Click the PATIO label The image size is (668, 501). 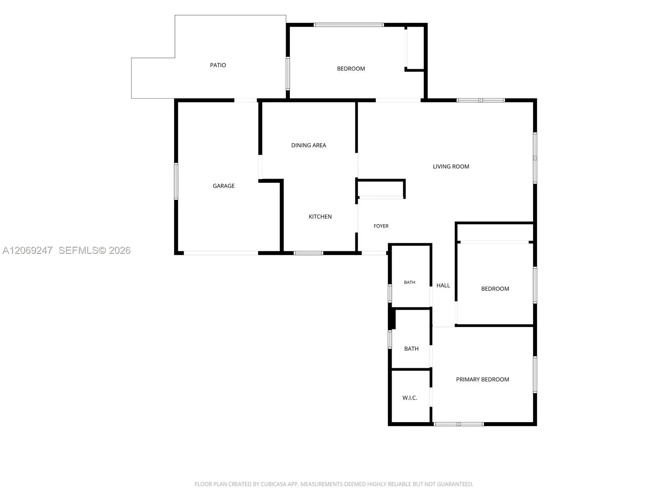pyautogui.click(x=218, y=65)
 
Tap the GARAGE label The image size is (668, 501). pyautogui.click(x=223, y=186)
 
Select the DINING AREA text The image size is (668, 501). pyautogui.click(x=309, y=145)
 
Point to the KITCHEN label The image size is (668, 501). pyautogui.click(x=320, y=217)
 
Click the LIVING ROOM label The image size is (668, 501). pyautogui.click(x=451, y=167)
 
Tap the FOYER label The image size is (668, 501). pyautogui.click(x=381, y=226)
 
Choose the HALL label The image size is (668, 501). pyautogui.click(x=443, y=285)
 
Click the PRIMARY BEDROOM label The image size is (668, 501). pyautogui.click(x=482, y=380)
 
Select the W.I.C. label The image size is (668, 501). pyautogui.click(x=410, y=398)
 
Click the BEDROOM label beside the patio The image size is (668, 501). pyautogui.click(x=351, y=69)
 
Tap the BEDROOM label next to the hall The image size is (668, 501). pyautogui.click(x=495, y=288)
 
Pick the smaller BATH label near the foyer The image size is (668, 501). pyautogui.click(x=409, y=282)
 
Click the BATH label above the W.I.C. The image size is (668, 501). pyautogui.click(x=411, y=349)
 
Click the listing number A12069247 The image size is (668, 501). pyautogui.click(x=28, y=250)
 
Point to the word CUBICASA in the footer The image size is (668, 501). pyautogui.click(x=272, y=484)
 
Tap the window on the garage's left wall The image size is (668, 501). pyautogui.click(x=176, y=181)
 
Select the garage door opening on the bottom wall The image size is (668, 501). pyautogui.click(x=221, y=253)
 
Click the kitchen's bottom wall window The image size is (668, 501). pyautogui.click(x=308, y=253)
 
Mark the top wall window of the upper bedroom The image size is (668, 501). pyautogui.click(x=349, y=25)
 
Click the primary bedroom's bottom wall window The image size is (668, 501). pyautogui.click(x=458, y=424)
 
